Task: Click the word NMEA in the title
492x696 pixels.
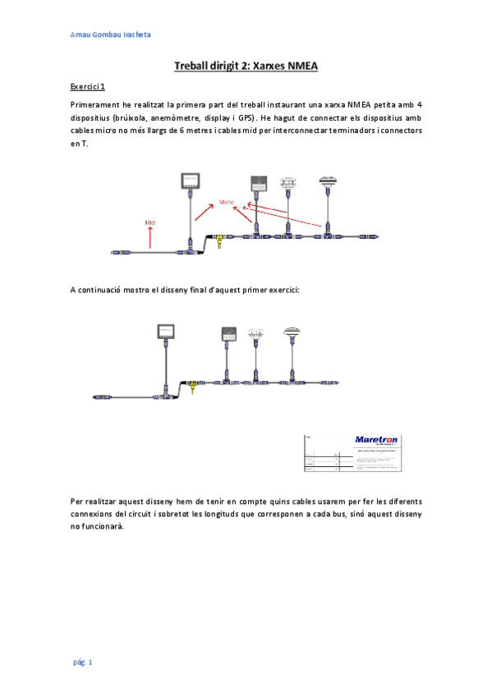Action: (301, 66)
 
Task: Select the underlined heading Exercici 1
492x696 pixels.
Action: (88, 87)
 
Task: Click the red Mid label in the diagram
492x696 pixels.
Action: (150, 222)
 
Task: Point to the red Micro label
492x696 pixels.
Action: (226, 200)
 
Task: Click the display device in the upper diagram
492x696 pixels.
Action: (191, 182)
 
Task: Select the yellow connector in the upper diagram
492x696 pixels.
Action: (218, 239)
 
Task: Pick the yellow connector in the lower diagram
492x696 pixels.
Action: (192, 385)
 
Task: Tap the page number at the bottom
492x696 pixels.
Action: (82, 662)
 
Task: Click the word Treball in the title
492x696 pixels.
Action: (194, 66)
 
